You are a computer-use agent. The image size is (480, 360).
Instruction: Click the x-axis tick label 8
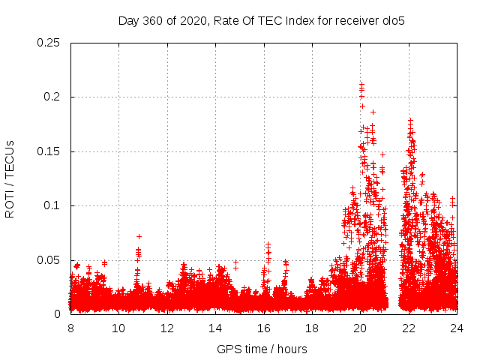[70, 328]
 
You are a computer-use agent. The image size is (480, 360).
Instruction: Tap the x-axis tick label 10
[118, 328]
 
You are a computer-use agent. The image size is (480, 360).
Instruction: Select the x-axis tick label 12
[167, 328]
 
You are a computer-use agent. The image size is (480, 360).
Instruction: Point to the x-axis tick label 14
[215, 328]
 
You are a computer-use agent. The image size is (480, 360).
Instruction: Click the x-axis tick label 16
[264, 328]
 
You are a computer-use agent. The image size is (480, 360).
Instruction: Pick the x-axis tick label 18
[312, 328]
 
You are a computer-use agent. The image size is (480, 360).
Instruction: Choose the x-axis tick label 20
[361, 328]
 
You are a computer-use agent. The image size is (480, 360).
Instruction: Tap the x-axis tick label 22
[409, 328]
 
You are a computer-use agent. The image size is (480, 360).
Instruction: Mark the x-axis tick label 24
[457, 328]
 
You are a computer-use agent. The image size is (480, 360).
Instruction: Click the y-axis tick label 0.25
[49, 43]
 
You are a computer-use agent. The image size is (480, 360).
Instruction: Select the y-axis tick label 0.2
[52, 97]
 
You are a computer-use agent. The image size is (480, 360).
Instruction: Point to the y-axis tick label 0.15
[49, 151]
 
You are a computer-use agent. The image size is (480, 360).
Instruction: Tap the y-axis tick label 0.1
[52, 205]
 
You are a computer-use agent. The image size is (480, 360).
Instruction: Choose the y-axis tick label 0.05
[49, 260]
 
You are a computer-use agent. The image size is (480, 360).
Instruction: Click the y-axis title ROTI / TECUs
[10, 178]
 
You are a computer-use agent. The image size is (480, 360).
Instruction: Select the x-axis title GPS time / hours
[262, 349]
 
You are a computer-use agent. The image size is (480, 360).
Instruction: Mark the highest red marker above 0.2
[361, 85]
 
